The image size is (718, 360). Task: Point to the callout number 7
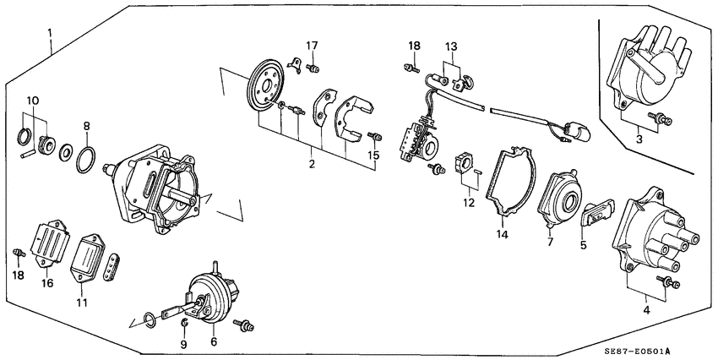[x=550, y=242]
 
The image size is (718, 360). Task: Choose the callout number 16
[x=47, y=283]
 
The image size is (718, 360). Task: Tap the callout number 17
[x=313, y=45]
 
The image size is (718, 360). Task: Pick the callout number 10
[x=31, y=101]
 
